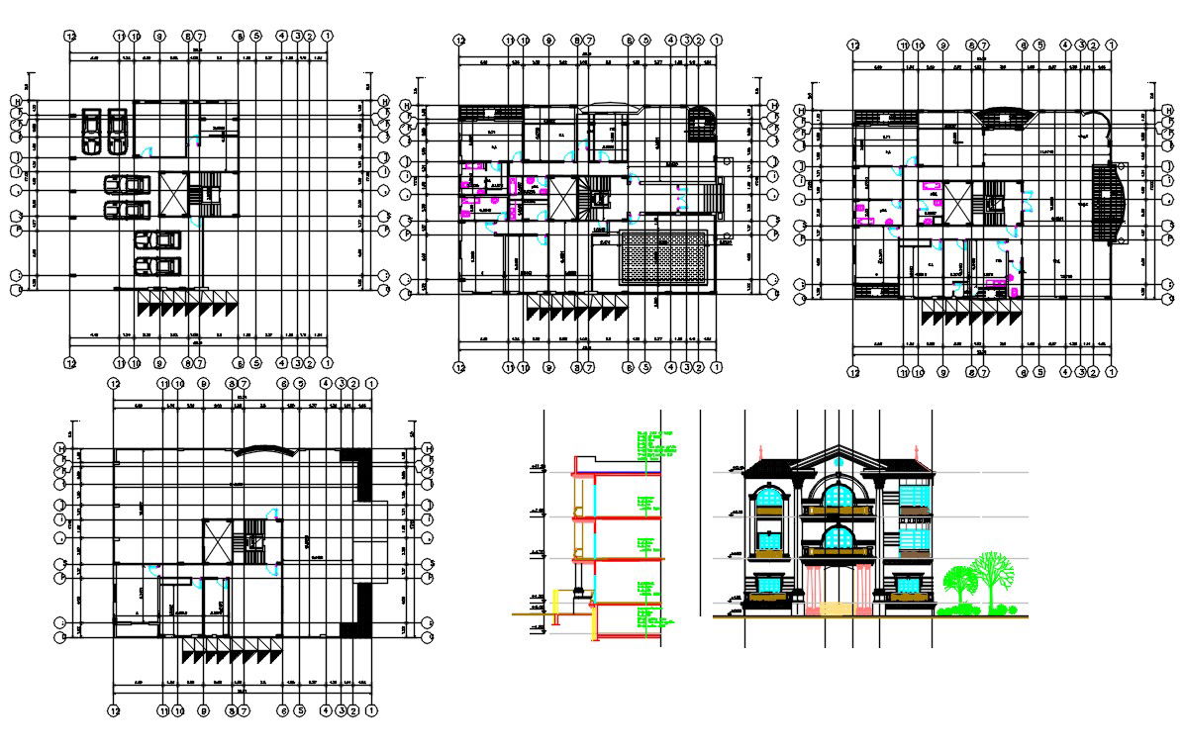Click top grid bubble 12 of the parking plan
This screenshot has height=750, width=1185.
(x=70, y=37)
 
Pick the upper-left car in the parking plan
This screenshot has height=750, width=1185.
(x=90, y=120)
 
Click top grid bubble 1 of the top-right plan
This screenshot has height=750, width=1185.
(x=1112, y=46)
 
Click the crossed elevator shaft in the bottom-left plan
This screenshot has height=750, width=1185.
(x=217, y=541)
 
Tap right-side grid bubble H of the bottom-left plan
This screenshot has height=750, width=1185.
(x=429, y=450)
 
